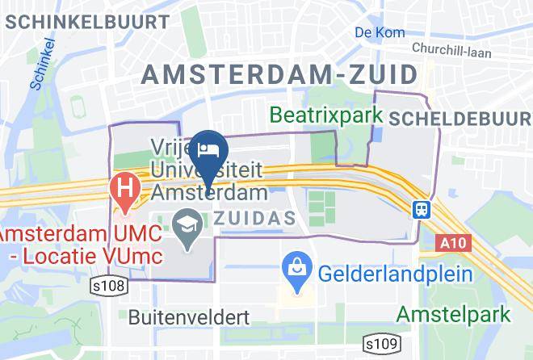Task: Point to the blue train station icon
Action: click(x=421, y=209)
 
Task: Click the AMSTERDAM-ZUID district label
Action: click(x=281, y=74)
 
